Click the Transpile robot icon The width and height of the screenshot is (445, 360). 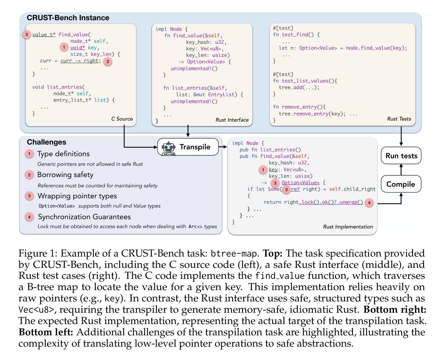pyautogui.click(x=168, y=148)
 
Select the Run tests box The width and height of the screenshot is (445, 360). pyautogui.click(x=401, y=155)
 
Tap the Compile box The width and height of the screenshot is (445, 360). pyautogui.click(x=401, y=184)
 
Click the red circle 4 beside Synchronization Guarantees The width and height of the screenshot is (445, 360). pyautogui.click(x=29, y=217)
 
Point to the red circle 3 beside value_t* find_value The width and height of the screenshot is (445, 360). pyautogui.click(x=27, y=35)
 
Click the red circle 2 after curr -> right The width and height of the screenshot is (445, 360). pyautogui.click(x=107, y=61)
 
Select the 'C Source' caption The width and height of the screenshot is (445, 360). pyautogui.click(x=122, y=119)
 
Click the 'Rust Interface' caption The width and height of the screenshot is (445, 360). pyautogui.click(x=232, y=120)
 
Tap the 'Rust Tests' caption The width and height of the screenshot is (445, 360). pyautogui.click(x=399, y=119)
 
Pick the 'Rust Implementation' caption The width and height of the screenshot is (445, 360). pyautogui.click(x=348, y=227)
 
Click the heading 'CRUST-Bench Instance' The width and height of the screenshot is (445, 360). pyautogui.click(x=68, y=18)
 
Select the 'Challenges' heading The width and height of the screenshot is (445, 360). pyautogui.click(x=46, y=142)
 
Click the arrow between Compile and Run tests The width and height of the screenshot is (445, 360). pyautogui.click(x=401, y=170)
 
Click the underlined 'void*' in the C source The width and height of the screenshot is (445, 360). pyautogui.click(x=77, y=48)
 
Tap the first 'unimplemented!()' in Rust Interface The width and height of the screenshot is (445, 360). pyautogui.click(x=194, y=69)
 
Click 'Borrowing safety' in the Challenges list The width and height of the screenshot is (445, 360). pyautogui.click(x=65, y=175)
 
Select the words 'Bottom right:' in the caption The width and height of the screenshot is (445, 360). pyautogui.click(x=395, y=309)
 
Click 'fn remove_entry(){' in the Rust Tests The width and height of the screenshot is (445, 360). pyautogui.click(x=299, y=107)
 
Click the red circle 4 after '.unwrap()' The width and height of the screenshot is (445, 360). pyautogui.click(x=369, y=202)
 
